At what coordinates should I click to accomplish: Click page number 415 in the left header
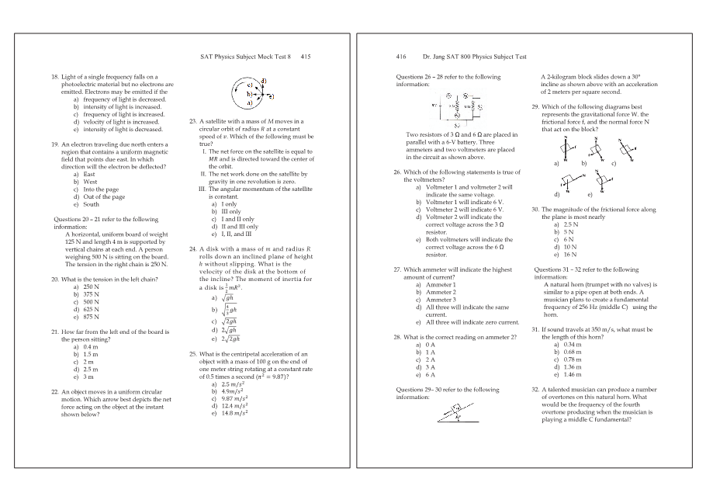tap(306, 57)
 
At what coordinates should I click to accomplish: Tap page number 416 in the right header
tap(402, 57)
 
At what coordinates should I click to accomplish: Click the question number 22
tap(55, 391)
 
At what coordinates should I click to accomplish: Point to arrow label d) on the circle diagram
tap(265, 81)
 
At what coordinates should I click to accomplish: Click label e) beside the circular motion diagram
tap(270, 97)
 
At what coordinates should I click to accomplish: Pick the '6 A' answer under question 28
tap(429, 374)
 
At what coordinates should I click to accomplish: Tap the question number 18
tap(55, 78)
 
